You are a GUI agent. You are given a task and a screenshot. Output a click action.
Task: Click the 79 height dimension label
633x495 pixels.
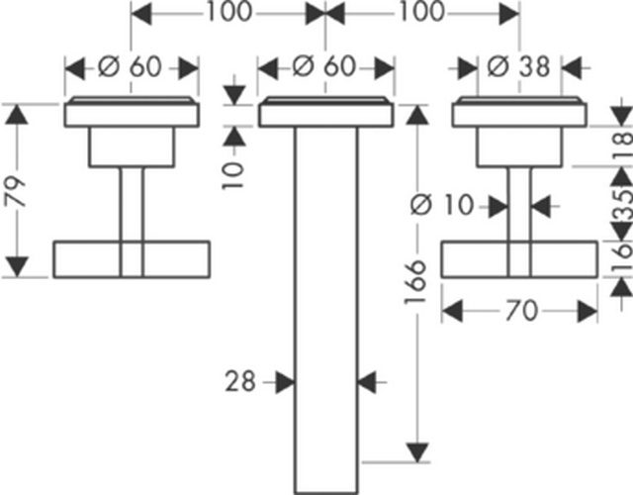(x=16, y=191)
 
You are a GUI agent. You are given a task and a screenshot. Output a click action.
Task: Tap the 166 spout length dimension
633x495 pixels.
(x=415, y=281)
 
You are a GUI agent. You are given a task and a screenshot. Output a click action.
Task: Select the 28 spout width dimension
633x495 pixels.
(x=240, y=381)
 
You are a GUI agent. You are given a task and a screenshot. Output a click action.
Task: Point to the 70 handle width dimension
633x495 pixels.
(x=521, y=311)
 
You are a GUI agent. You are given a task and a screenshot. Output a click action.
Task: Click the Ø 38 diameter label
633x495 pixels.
(x=518, y=66)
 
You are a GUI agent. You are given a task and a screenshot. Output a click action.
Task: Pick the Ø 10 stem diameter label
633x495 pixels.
(x=441, y=205)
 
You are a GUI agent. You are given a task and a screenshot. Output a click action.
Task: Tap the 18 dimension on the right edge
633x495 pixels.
(x=623, y=146)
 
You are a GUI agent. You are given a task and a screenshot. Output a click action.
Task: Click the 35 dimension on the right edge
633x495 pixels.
(x=623, y=205)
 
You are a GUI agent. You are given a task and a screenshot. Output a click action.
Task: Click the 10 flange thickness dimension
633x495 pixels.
(x=234, y=175)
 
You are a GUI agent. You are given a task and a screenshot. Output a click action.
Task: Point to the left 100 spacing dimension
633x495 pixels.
(x=229, y=12)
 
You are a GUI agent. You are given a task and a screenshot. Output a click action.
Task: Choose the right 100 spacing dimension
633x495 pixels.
(x=422, y=12)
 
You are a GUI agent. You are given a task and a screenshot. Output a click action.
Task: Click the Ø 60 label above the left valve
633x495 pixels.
(x=130, y=66)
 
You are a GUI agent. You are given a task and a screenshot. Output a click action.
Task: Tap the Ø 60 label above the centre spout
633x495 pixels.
(x=324, y=66)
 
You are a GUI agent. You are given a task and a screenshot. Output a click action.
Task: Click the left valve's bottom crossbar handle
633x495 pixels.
(x=132, y=259)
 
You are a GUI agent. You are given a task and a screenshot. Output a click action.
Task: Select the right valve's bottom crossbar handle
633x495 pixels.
(x=519, y=259)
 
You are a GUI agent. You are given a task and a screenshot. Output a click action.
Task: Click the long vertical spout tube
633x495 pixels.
(x=326, y=310)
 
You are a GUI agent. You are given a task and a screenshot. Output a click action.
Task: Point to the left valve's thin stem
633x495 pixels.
(x=132, y=204)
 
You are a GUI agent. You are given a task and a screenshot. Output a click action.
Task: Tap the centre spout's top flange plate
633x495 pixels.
(x=325, y=112)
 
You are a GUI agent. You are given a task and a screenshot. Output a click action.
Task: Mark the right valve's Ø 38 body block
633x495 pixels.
(x=519, y=147)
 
